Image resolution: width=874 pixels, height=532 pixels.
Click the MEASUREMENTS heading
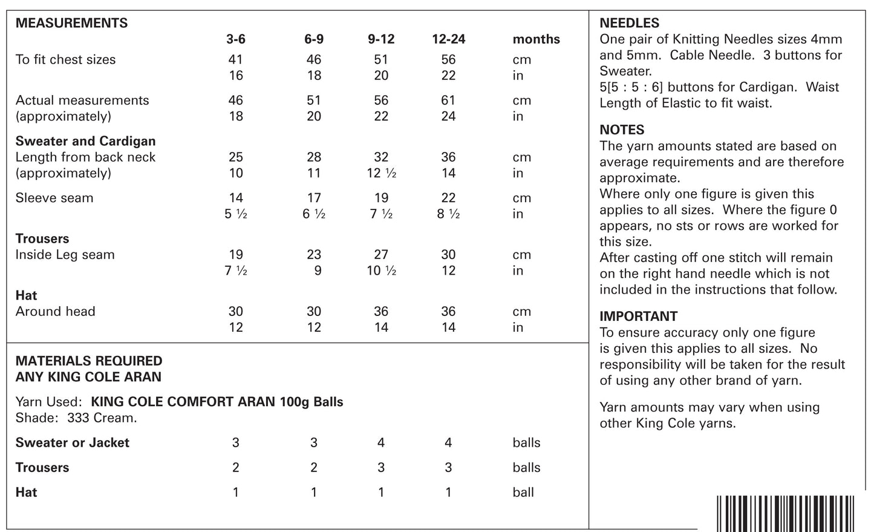(x=71, y=23)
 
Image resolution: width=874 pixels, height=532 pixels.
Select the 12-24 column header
(x=448, y=39)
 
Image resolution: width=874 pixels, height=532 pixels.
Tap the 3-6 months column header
(x=236, y=39)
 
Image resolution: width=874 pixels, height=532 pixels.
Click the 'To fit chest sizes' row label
(x=65, y=59)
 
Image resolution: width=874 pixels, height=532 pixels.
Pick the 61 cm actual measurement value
(x=448, y=100)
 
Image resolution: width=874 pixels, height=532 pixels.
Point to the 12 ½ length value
(x=382, y=173)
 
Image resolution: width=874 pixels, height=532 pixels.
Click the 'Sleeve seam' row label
(x=54, y=198)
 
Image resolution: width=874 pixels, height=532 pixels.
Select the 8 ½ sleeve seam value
(x=448, y=214)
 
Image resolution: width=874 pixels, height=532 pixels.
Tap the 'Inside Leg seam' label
(x=65, y=255)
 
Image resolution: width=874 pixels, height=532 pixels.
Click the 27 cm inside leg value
(x=381, y=255)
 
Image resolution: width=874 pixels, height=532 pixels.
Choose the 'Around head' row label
(x=55, y=312)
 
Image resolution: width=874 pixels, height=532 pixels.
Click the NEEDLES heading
(x=629, y=23)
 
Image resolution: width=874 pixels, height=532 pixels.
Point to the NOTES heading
(x=622, y=130)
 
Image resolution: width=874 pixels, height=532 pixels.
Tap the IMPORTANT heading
(x=638, y=316)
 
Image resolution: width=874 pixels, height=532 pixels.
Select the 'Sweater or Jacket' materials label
(x=72, y=442)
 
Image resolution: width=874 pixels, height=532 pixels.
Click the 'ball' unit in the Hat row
(x=523, y=492)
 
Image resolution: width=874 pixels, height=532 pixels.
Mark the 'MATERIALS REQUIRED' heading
(x=89, y=361)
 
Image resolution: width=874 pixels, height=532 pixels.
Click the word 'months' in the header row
(x=536, y=39)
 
